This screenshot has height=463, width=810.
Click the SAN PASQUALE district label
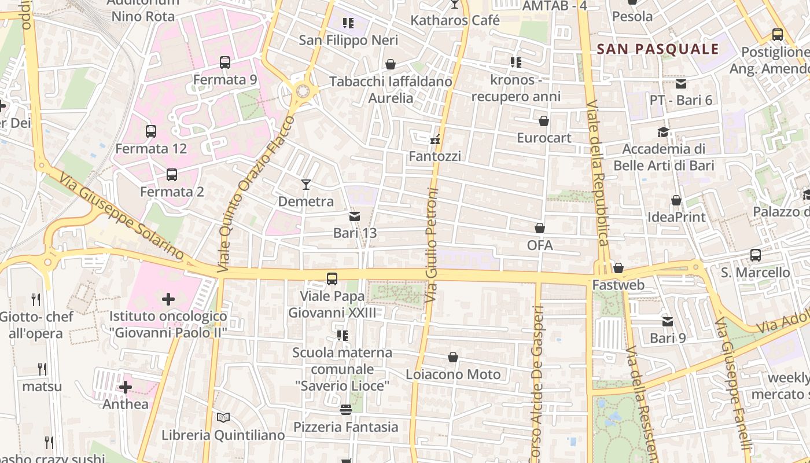[657, 49]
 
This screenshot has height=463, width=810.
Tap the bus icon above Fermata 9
[225, 63]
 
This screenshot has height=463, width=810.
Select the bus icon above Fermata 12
[151, 131]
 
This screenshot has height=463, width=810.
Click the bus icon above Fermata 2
[172, 174]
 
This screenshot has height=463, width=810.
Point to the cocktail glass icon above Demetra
[306, 185]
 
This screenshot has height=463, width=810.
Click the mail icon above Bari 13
[355, 216]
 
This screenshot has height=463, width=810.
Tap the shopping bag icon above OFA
[540, 229]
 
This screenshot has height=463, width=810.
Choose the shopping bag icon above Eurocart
[544, 121]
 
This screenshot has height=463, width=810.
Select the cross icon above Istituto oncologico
[168, 299]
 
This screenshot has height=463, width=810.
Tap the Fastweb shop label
[618, 285]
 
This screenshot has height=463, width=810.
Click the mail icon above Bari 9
[668, 321]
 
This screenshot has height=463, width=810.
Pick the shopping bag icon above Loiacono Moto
[453, 358]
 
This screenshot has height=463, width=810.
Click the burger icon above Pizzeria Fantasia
[346, 410]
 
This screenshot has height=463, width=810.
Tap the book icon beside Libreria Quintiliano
[223, 417]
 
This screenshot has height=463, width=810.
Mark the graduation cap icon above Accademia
[663, 133]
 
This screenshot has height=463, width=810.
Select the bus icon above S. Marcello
[756, 255]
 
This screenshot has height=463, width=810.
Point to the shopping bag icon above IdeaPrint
[676, 201]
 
